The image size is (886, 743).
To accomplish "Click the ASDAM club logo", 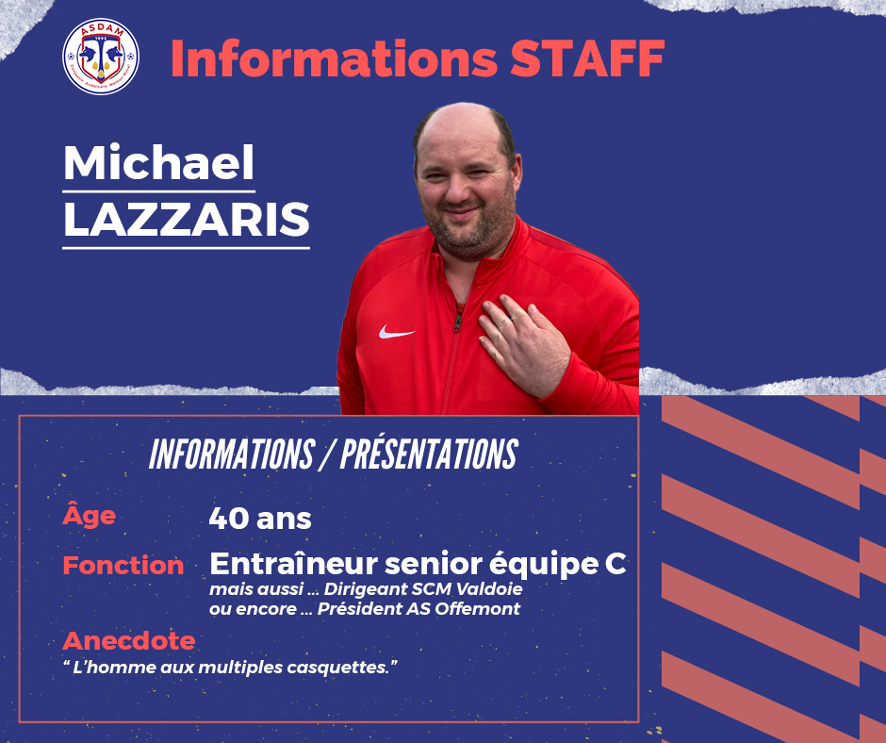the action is coord(101,56).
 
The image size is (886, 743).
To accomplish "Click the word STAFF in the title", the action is coord(587,58).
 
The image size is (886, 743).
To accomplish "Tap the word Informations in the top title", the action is coord(334,58).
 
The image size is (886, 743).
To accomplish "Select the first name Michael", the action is coord(158,162).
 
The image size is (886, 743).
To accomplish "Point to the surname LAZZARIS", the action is coord(187,220).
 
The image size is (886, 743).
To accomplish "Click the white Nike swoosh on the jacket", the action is coord(396,332).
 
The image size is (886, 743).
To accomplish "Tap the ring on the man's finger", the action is coord(513,318).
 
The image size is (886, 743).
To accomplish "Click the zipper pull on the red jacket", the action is coord(457,322).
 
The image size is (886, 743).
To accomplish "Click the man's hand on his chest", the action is coord(524,344).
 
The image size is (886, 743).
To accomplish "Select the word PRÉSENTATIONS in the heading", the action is coord(429,454).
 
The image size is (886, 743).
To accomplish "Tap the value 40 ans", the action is coord(260,519).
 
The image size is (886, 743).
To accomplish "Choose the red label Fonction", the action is coord(123,566).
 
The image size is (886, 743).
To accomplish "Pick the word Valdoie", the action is coord(489,589).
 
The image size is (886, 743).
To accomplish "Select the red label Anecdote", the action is coord(129,640).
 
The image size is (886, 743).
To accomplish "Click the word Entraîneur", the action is coord(293,563).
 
